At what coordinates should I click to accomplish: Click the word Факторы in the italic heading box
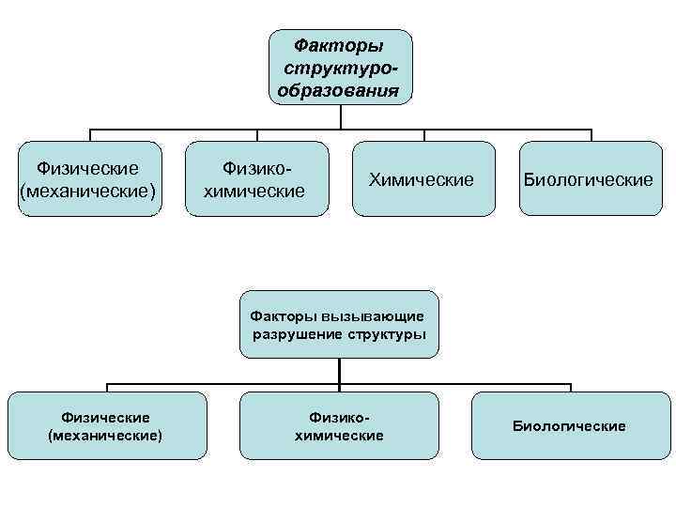click(x=340, y=45)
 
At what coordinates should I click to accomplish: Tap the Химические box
click(x=422, y=178)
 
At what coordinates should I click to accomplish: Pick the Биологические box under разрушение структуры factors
click(x=569, y=425)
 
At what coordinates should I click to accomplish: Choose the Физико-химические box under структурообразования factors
click(x=257, y=178)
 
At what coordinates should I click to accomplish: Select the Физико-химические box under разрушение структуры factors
click(x=339, y=425)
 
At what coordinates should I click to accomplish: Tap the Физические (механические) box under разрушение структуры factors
click(x=106, y=425)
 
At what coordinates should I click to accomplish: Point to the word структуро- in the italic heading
click(x=340, y=69)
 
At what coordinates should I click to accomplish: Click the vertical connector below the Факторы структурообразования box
click(x=340, y=116)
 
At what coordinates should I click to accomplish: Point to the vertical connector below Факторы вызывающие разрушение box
click(x=339, y=372)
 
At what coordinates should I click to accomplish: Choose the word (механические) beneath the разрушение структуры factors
click(x=105, y=436)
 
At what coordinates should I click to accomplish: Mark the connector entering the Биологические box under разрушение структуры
click(x=570, y=388)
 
